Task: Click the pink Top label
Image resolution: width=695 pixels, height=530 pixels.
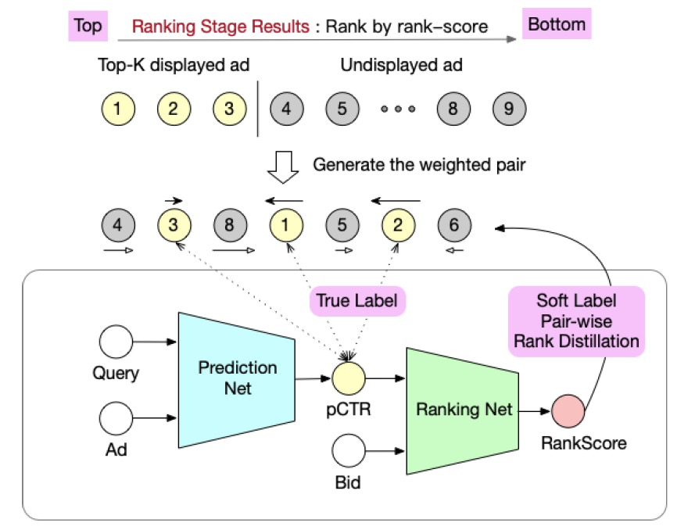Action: pos(88,25)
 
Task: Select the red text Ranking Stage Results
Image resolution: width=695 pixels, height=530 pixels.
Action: pos(220,27)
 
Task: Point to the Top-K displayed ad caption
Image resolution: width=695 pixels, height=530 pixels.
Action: pos(174,66)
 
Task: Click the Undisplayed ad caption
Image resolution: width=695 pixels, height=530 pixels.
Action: pos(401,66)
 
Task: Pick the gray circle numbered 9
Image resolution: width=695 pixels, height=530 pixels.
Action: pos(509,109)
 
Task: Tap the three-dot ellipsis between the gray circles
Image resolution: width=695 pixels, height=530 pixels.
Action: pos(398,109)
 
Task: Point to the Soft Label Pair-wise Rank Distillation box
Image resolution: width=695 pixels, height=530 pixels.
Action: pos(577,321)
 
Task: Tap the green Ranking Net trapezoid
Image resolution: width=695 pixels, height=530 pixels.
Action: pos(463,409)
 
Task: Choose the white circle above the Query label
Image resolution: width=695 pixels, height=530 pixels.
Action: pos(116,342)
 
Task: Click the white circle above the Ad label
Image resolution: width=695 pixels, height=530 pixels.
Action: pos(116,417)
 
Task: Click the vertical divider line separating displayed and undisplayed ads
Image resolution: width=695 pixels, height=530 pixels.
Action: pos(259,109)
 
